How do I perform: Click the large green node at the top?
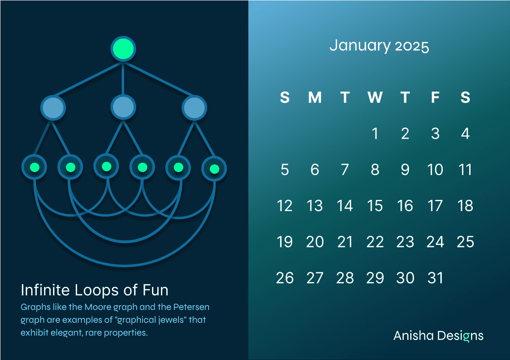click(x=123, y=49)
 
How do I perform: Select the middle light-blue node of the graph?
click(x=123, y=107)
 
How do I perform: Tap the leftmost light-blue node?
click(x=53, y=107)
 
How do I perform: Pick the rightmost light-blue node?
click(x=194, y=107)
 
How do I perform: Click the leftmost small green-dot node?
click(x=34, y=167)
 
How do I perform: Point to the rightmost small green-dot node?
click(x=215, y=169)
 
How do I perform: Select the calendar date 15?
click(x=375, y=206)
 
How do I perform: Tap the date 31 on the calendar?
click(x=435, y=278)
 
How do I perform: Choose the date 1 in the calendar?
click(x=375, y=134)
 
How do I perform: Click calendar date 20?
click(x=315, y=242)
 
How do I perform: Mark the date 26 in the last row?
click(x=285, y=278)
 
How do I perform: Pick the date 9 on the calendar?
click(x=405, y=170)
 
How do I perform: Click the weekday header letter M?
click(x=315, y=97)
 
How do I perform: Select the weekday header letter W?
click(x=375, y=97)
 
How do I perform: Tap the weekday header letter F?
click(x=435, y=97)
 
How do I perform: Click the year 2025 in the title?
click(x=412, y=46)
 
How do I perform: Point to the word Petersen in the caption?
click(x=191, y=307)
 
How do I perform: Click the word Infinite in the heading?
click(x=45, y=290)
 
